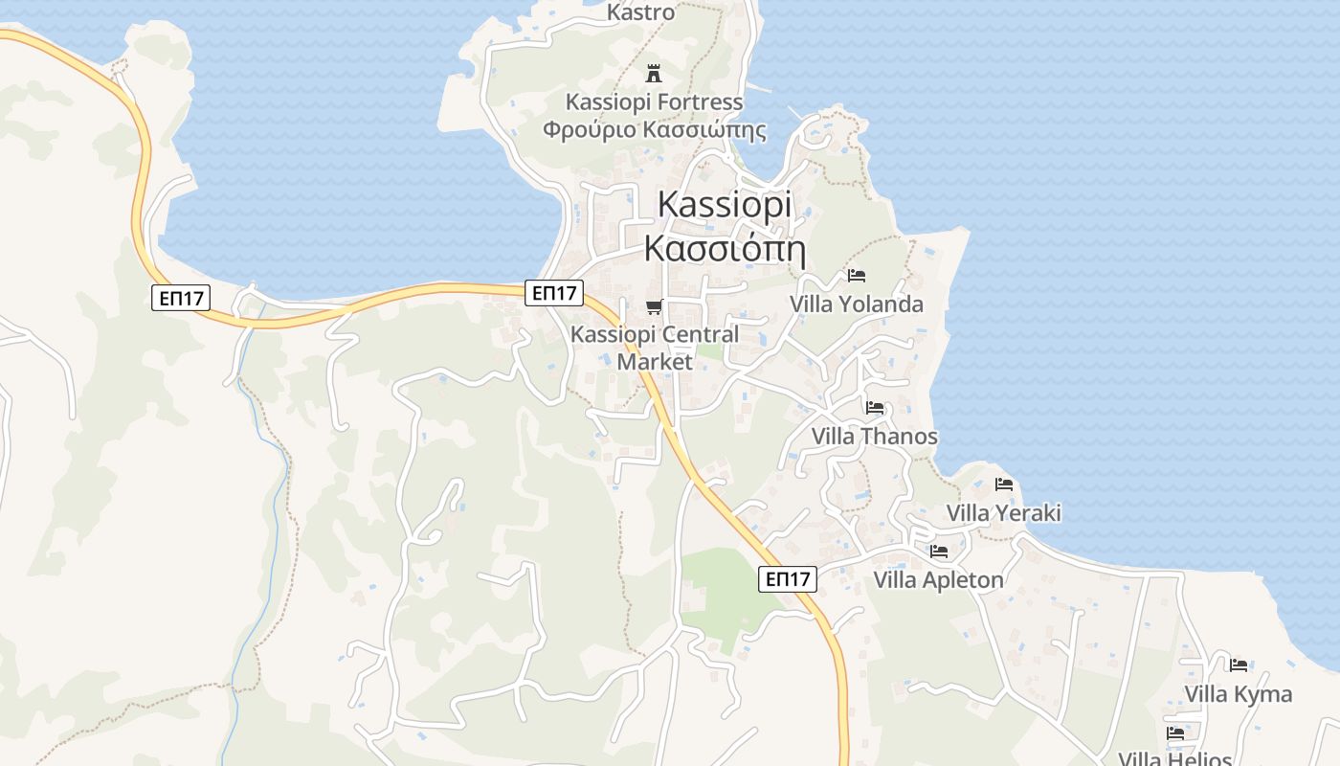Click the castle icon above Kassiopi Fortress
655,73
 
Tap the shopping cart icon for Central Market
655,306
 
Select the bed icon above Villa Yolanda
857,276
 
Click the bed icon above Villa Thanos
875,408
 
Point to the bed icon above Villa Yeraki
1004,484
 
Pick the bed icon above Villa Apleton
939,552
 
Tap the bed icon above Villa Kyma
1239,665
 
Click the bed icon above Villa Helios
1175,733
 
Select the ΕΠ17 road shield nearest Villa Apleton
788,578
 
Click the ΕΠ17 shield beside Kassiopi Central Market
554,293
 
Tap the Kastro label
641,12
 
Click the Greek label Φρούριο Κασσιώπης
655,129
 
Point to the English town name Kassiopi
726,206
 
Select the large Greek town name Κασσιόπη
725,249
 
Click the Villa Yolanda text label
857,304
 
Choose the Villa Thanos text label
875,437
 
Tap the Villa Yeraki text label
1004,513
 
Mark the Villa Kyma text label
1239,694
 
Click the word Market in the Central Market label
655,362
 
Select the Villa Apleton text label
939,580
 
